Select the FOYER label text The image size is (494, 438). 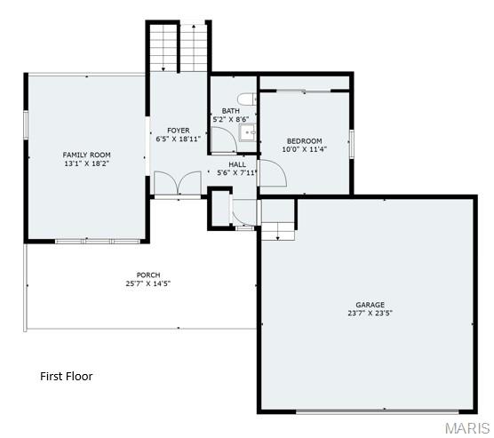coord(179,131)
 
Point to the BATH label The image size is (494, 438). coord(231,110)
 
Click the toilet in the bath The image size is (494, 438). coord(247,98)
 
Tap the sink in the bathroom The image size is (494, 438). coord(248,133)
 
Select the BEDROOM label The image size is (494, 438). coord(304,141)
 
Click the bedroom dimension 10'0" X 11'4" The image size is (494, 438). coord(304,149)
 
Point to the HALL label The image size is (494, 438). coord(237,164)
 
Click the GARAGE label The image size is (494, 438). coord(370,305)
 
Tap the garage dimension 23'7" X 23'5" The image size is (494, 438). coord(370,314)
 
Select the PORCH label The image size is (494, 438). coord(148,275)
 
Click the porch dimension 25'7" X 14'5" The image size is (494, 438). coord(148,283)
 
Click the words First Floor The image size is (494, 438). coord(67,377)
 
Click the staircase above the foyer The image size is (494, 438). coord(179,48)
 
